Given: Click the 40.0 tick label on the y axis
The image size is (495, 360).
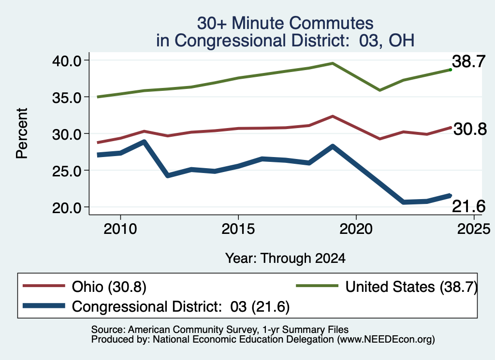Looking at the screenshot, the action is click(67, 60).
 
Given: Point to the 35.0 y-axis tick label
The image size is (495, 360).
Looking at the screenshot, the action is click(67, 98).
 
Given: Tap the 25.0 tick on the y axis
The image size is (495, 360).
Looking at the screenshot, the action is click(67, 171).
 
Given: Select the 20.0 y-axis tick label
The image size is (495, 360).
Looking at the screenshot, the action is click(67, 208).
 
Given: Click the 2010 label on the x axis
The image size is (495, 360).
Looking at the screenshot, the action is click(120, 229).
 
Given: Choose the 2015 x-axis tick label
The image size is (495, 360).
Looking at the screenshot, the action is click(238, 229).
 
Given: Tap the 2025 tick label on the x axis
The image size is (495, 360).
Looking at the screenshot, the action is click(474, 229).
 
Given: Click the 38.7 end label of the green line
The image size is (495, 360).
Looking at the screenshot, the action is click(468, 61).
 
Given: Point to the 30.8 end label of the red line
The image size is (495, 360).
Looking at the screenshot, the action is click(470, 129).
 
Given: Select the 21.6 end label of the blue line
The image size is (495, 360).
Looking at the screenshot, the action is click(469, 207).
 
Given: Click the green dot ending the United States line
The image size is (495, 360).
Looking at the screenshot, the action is click(451, 70).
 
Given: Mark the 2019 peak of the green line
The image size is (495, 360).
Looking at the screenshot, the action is click(333, 63).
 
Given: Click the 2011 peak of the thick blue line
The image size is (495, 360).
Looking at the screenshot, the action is click(144, 142).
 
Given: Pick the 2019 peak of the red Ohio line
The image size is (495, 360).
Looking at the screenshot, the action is click(333, 116).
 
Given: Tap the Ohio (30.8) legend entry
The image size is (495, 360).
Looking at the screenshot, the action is click(84, 287).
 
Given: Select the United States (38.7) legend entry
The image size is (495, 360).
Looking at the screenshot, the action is click(386, 287).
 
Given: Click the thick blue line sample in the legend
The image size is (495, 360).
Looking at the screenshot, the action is click(44, 306).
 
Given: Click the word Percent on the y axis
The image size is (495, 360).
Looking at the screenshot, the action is click(22, 133).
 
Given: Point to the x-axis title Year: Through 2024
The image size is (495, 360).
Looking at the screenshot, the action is click(285, 258).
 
